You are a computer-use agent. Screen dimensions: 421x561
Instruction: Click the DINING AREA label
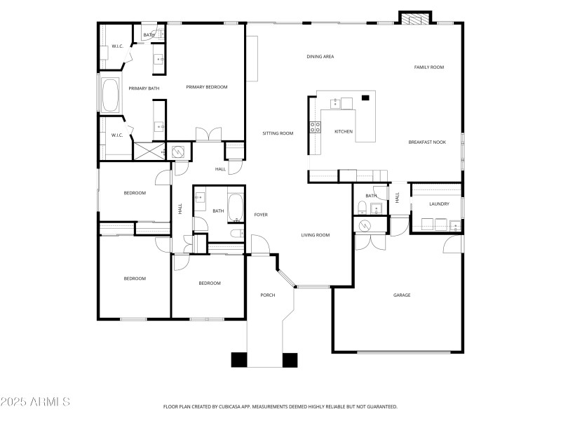320,56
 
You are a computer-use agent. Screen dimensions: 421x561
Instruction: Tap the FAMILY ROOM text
429,67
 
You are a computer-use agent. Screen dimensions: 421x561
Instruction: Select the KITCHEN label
343,132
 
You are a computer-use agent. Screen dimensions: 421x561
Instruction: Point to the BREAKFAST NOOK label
427,142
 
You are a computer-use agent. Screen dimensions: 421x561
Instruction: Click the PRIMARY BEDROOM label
206,87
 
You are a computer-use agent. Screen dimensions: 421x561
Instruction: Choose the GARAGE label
401,295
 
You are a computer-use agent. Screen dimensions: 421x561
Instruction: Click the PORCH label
267,295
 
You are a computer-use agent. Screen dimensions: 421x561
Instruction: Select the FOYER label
261,215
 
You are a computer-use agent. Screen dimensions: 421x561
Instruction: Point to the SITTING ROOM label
278,133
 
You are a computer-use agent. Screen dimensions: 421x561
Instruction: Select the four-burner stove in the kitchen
316,127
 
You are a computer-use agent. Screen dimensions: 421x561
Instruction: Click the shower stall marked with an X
148,151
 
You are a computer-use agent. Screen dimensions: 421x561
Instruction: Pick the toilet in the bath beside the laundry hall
361,207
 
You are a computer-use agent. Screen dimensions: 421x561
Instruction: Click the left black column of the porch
240,359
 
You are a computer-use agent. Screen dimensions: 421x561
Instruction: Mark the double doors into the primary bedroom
208,134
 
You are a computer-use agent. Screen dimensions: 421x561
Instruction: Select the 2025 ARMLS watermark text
35,403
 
